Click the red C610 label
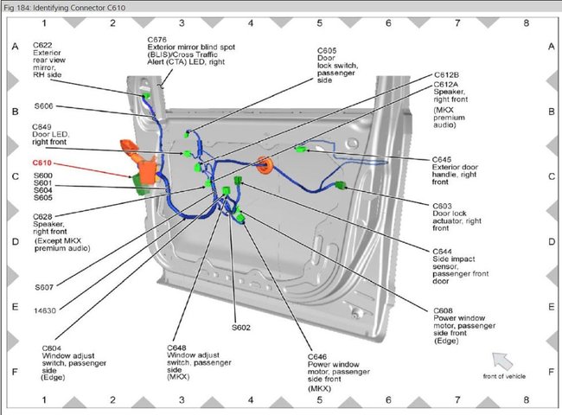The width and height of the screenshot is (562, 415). (42, 163)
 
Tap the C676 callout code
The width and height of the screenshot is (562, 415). (156, 39)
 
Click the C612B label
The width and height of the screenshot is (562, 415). (445, 75)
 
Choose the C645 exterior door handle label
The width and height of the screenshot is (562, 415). (443, 159)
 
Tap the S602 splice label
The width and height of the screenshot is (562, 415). (241, 328)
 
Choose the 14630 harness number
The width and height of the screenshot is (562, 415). (46, 308)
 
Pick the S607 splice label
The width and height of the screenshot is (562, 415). (43, 286)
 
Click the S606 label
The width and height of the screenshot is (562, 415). (43, 105)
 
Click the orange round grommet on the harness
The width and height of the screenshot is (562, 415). (264, 163)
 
